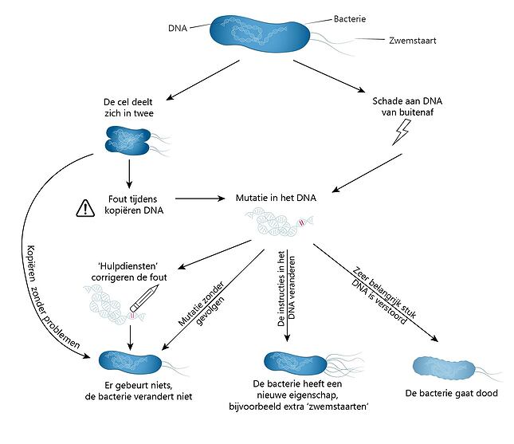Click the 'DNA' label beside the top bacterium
pos(178,29)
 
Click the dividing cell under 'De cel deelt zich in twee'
pos(127,140)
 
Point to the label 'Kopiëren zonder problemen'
pos(45,291)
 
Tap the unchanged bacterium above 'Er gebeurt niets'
pos(130,363)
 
